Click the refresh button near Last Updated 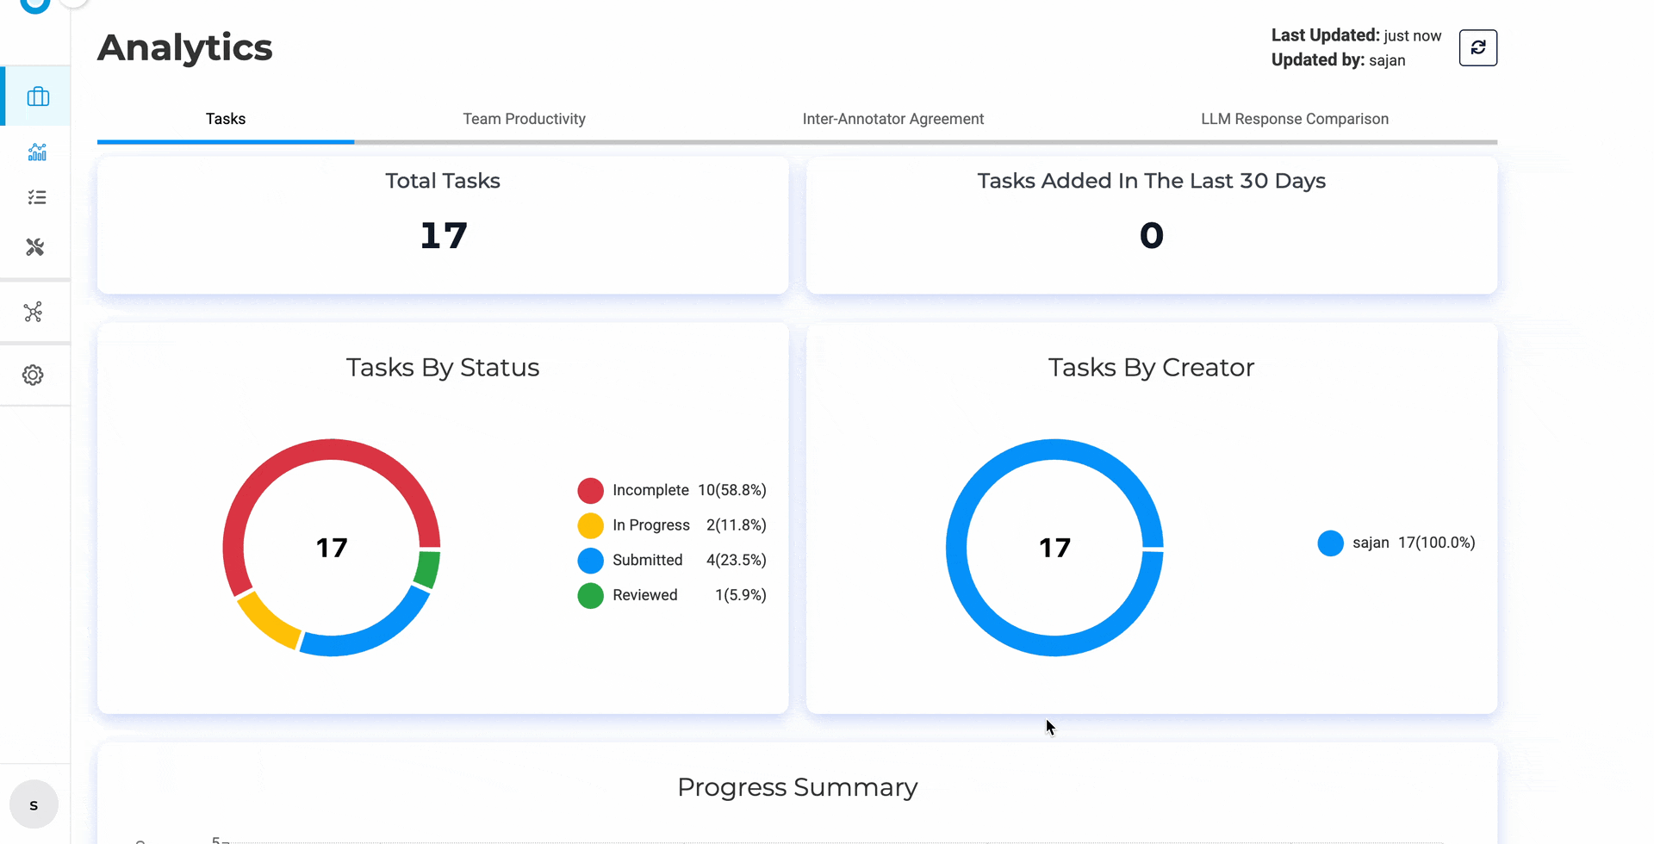click(x=1477, y=47)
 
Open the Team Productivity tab click(x=524, y=119)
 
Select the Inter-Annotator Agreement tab click(x=892, y=119)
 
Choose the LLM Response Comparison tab click(x=1294, y=119)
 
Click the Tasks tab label click(x=226, y=119)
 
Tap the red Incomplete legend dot click(x=590, y=490)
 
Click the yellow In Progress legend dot click(x=590, y=525)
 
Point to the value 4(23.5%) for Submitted click(x=736, y=560)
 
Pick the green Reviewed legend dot click(x=590, y=595)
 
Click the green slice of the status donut click(x=427, y=569)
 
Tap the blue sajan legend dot click(x=1330, y=543)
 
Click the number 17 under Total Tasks click(x=443, y=235)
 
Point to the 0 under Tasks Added click(x=1151, y=235)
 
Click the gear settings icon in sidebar click(x=33, y=375)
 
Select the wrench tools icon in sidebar click(x=34, y=247)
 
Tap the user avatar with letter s click(x=34, y=804)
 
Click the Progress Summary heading click(x=797, y=787)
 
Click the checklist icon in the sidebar click(x=36, y=197)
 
